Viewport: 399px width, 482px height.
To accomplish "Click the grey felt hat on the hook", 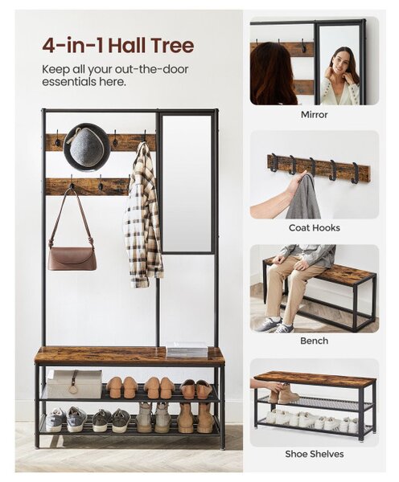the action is pos(87,147).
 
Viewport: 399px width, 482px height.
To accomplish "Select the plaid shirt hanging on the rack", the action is pos(143,215).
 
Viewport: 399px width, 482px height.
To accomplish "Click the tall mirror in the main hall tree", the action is pos(187,184).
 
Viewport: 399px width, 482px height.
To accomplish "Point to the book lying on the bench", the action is pos(187,349).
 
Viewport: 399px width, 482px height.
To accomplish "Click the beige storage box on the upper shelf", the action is pos(74,384).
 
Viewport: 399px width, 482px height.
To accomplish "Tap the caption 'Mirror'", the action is pos(314,115).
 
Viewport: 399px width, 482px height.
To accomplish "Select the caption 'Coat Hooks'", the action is pos(314,228).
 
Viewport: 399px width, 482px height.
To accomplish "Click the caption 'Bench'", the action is pos(314,341).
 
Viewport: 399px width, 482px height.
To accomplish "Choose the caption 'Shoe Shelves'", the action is pos(314,454).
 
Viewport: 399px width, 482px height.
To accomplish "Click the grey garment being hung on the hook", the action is pos(303,196).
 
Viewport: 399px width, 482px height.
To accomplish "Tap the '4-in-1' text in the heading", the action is pos(74,45).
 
